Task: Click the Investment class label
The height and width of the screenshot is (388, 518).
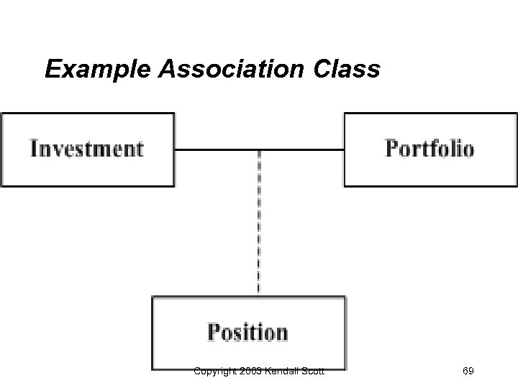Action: (x=87, y=149)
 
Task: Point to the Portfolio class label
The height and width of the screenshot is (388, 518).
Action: (x=430, y=149)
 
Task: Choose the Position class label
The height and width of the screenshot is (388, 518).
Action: (x=247, y=333)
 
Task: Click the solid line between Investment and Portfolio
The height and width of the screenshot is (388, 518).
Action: (x=216, y=150)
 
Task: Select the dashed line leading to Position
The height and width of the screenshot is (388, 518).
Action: (x=259, y=223)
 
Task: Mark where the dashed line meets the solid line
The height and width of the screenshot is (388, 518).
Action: (x=259, y=150)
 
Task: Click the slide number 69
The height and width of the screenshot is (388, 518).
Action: (x=468, y=371)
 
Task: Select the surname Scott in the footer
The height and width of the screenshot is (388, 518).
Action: (x=312, y=371)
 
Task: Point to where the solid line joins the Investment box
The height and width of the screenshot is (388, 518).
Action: (x=175, y=150)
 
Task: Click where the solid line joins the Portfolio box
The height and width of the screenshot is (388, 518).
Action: (x=344, y=150)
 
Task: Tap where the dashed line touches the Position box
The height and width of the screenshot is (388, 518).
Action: (x=259, y=295)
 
